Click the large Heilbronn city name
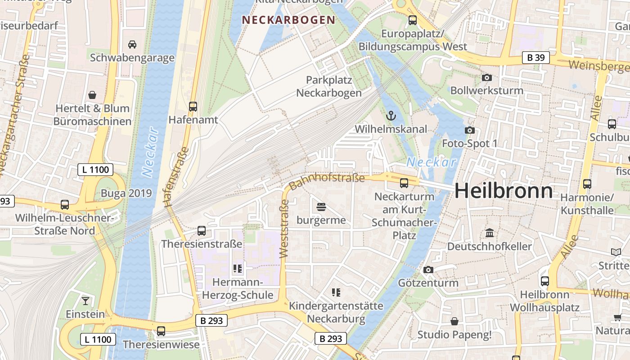(x=504, y=191)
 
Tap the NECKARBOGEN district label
(x=288, y=20)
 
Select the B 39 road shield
(x=535, y=58)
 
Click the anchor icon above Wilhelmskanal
(x=391, y=116)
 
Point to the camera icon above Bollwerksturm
(x=486, y=77)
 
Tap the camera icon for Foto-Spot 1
(x=469, y=130)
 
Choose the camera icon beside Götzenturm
(x=428, y=270)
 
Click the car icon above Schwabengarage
(x=132, y=44)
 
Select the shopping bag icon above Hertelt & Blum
(x=92, y=95)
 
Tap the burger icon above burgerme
(x=321, y=207)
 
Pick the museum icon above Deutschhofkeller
(x=489, y=233)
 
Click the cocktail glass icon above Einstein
(x=85, y=301)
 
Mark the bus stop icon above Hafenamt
(x=193, y=107)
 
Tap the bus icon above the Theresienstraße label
(x=202, y=231)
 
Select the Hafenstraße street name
(x=176, y=176)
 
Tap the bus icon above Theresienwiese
(x=161, y=331)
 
